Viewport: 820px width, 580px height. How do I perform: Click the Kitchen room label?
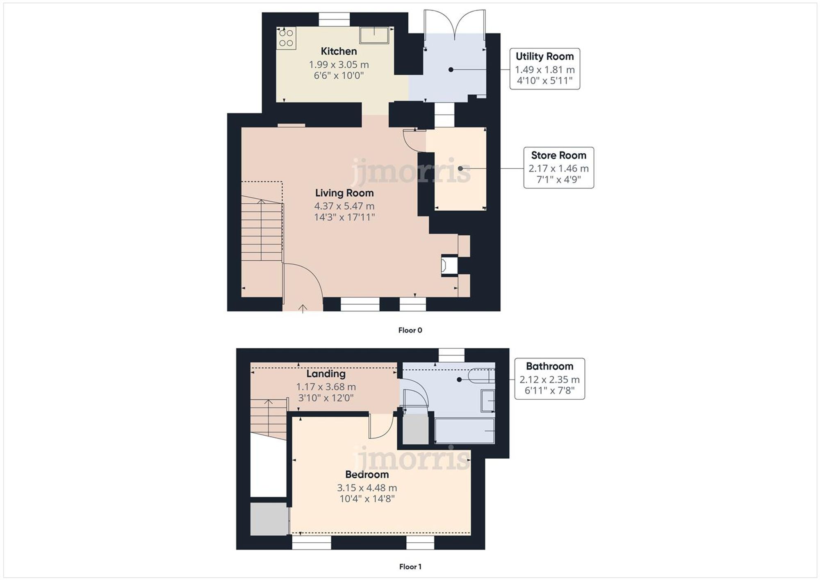tap(338, 51)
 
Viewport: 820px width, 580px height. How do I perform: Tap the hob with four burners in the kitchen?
tap(286, 38)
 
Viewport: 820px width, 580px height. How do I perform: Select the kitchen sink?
tap(374, 35)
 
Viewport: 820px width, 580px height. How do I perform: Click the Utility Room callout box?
tap(544, 68)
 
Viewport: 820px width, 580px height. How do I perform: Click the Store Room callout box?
tap(558, 168)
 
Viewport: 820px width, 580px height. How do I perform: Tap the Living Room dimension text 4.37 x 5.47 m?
tap(344, 206)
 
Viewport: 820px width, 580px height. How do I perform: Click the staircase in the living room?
tap(262, 230)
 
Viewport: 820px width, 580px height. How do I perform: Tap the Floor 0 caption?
tap(410, 330)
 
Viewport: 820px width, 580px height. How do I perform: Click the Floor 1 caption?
tap(410, 566)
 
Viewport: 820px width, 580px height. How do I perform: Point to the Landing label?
tap(326, 373)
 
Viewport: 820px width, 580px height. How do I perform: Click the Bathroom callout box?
tap(549, 379)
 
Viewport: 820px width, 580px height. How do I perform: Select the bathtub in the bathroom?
tap(465, 431)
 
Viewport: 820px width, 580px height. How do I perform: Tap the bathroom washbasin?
tap(488, 400)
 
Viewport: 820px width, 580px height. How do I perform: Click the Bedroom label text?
tap(367, 474)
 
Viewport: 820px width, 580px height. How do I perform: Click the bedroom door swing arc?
tap(380, 428)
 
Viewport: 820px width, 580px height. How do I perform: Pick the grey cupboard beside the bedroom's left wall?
tap(269, 519)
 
